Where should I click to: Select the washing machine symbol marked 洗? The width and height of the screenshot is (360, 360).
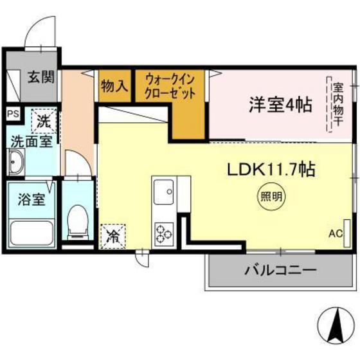[x=43, y=120]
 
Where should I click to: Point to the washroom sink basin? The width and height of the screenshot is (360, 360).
[x=15, y=163]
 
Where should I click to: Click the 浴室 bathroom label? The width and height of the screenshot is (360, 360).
[x=30, y=199]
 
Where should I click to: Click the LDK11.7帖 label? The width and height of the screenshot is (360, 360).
[x=269, y=170]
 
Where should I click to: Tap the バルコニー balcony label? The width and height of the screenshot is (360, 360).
[x=280, y=270]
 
